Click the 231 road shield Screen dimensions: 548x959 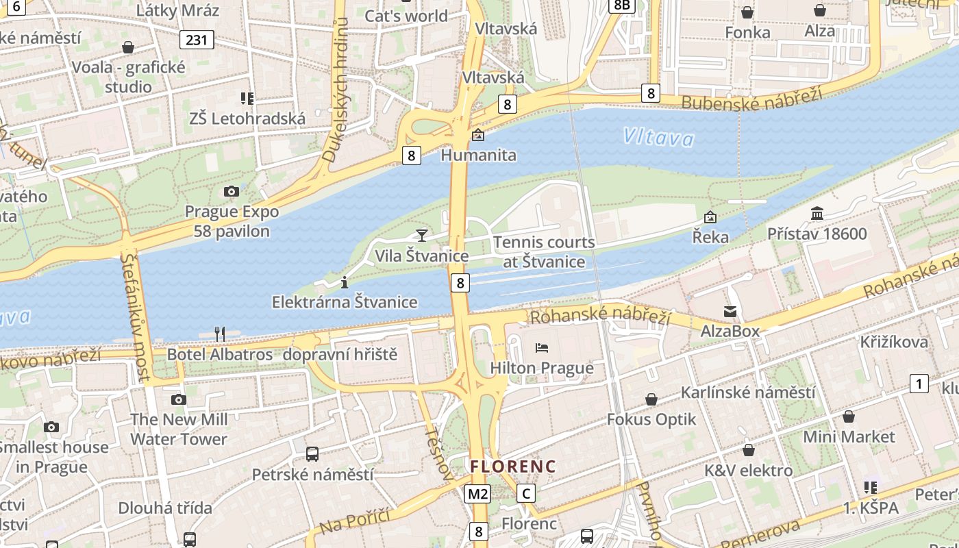(x=196, y=40)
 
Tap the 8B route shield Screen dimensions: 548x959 (x=622, y=5)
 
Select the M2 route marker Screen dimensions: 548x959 (x=477, y=493)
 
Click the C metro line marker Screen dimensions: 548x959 (x=525, y=493)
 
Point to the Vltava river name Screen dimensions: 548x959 (x=658, y=138)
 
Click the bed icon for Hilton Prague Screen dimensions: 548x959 (x=542, y=348)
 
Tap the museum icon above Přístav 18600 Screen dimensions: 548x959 (x=817, y=214)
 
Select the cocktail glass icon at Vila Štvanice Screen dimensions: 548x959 (x=421, y=236)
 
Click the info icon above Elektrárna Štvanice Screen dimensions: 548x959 (x=344, y=282)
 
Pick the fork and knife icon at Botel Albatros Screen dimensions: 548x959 (x=220, y=334)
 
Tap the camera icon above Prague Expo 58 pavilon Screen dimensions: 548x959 (x=232, y=191)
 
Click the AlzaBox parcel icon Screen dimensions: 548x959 (x=730, y=312)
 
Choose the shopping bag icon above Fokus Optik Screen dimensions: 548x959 (x=651, y=399)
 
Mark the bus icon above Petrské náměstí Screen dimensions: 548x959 (x=312, y=453)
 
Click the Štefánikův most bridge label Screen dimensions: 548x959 (x=135, y=316)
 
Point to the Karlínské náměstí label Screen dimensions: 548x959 (x=747, y=393)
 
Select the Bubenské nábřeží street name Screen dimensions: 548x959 (x=751, y=100)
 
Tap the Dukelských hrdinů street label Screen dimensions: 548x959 (x=338, y=89)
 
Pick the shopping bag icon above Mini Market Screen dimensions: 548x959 (x=849, y=416)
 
